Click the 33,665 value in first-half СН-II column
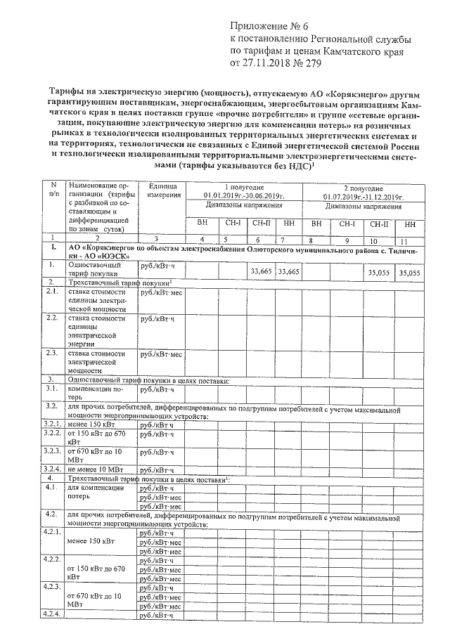point(261,271)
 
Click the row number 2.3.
point(51,352)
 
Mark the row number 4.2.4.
point(53,616)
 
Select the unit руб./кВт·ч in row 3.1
point(157,388)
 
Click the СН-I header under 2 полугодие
point(348,224)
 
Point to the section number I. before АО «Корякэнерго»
point(53,249)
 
